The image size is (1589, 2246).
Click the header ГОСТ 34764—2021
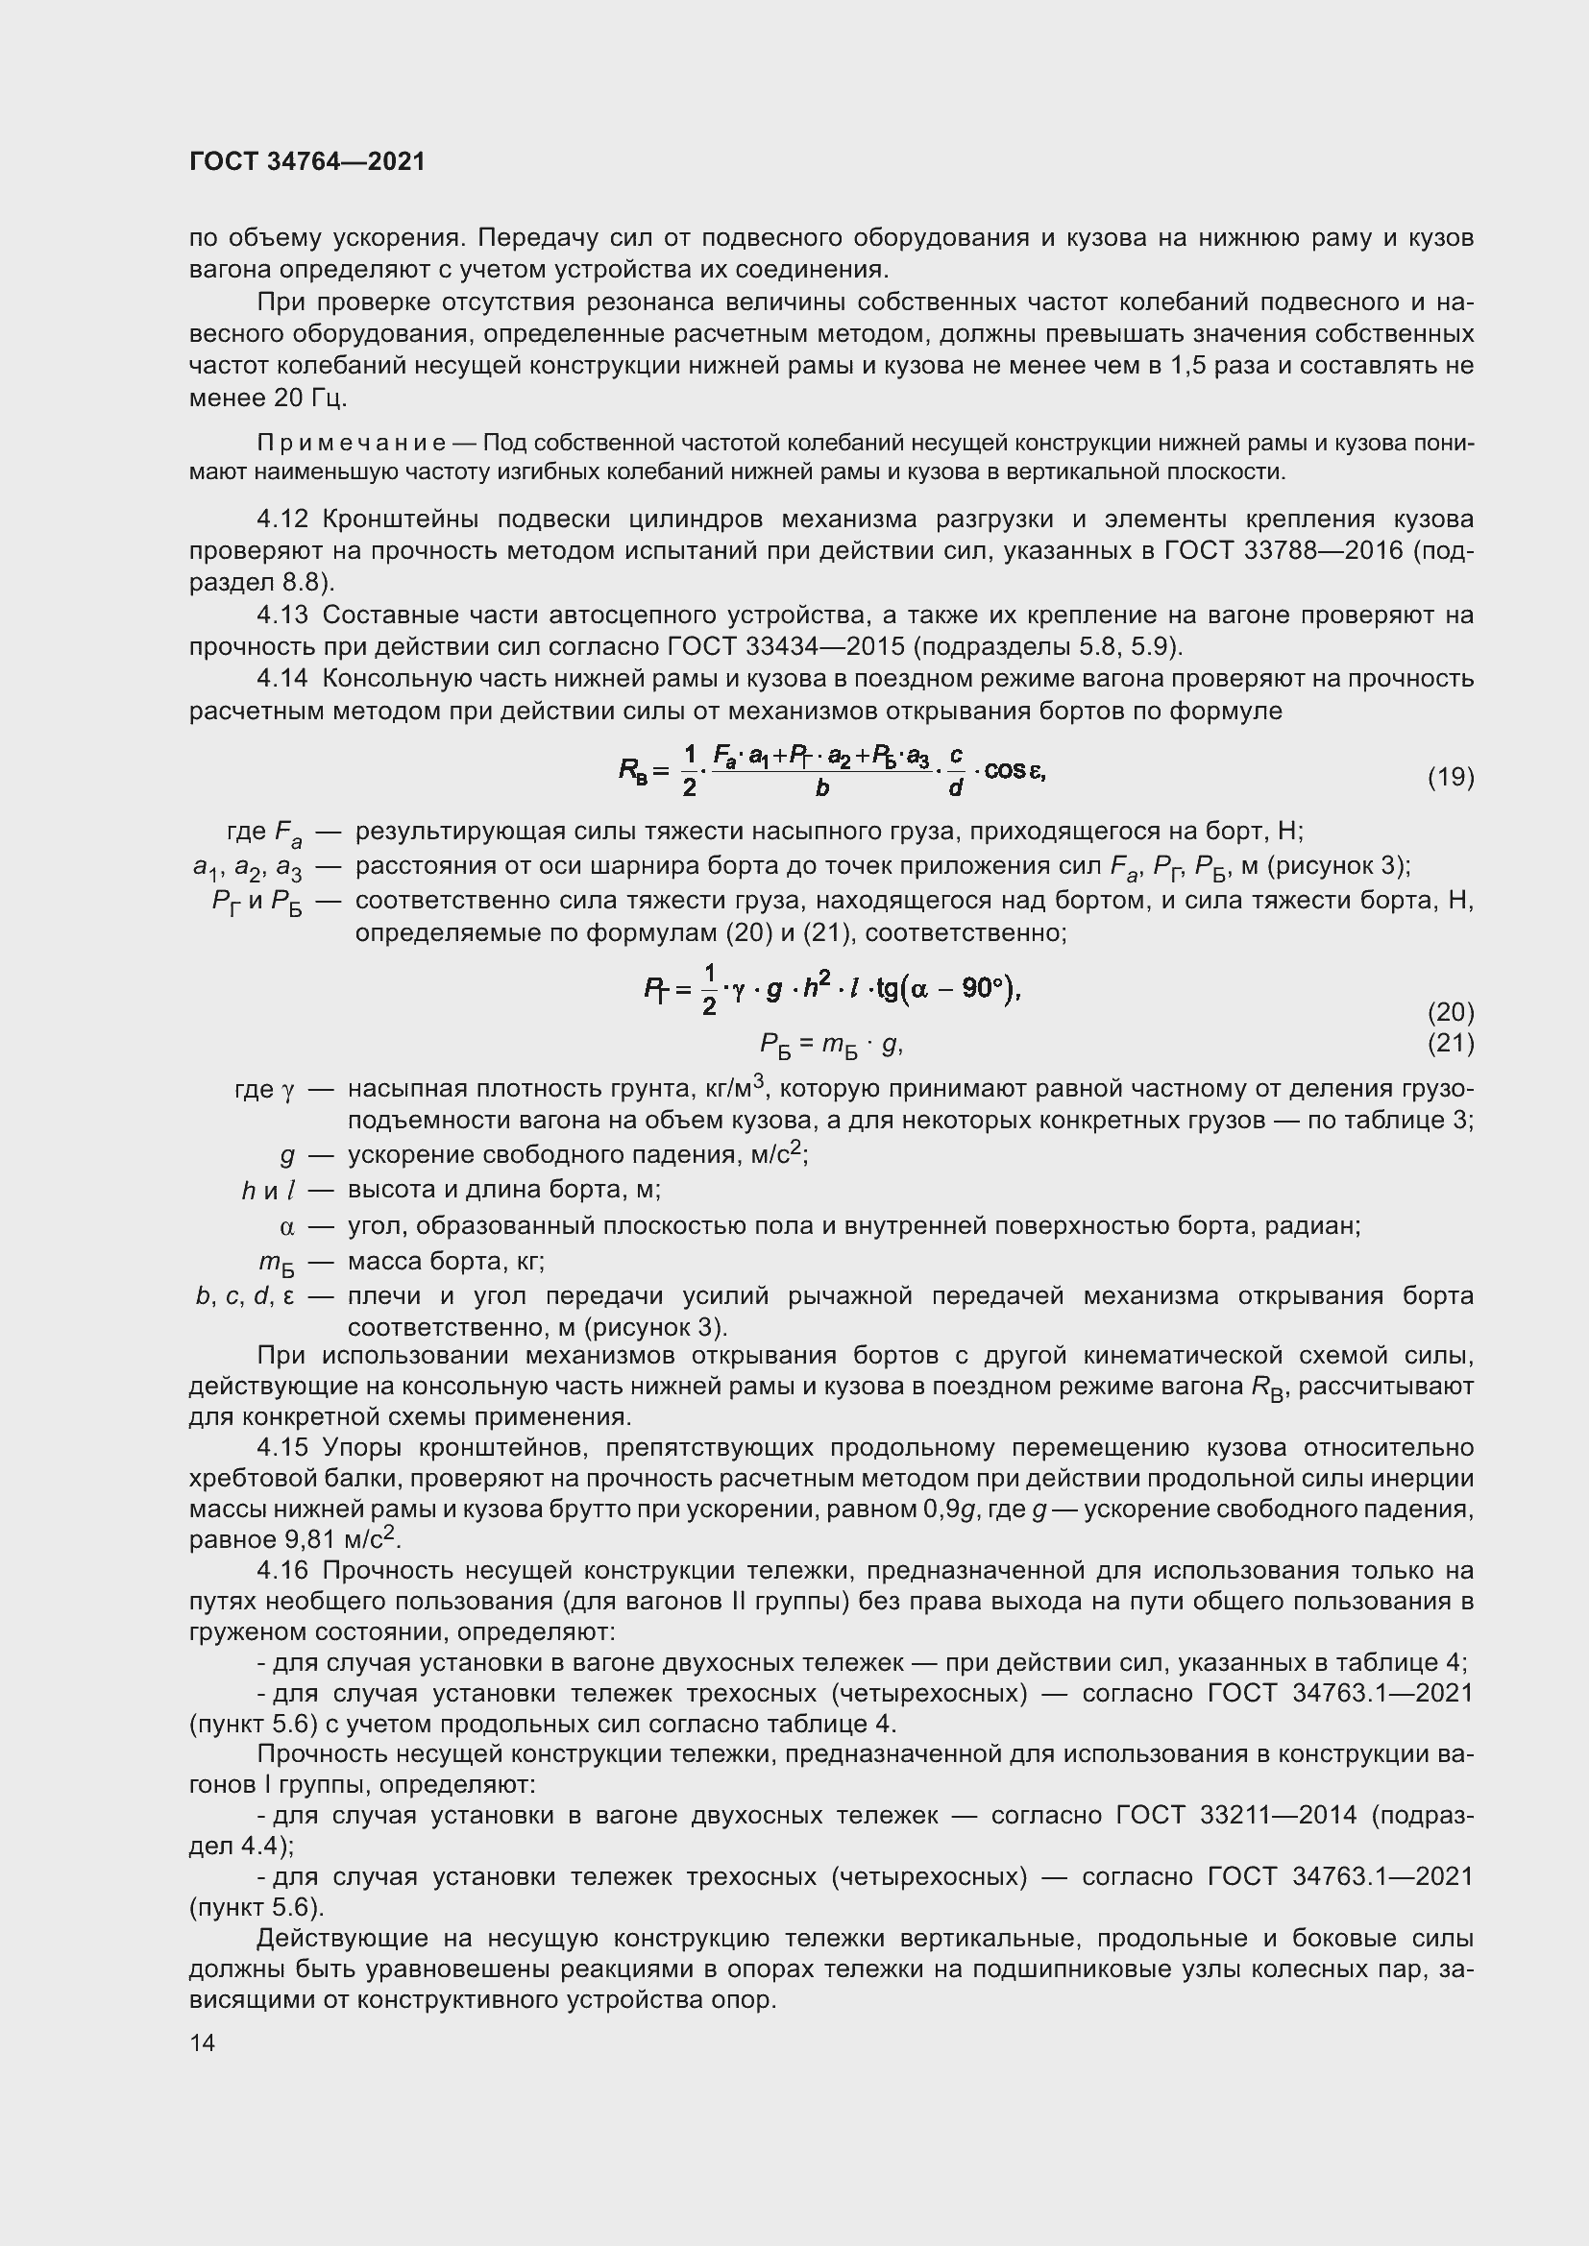pyautogui.click(x=307, y=161)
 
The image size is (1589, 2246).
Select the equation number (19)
pyautogui.click(x=1450, y=777)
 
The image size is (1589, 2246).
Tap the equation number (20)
pyautogui.click(x=1450, y=1011)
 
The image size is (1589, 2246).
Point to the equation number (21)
pyautogui.click(x=1450, y=1043)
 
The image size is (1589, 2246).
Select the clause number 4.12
pyautogui.click(x=282, y=519)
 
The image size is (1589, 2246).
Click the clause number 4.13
pyautogui.click(x=282, y=615)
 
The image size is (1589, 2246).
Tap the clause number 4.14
pyautogui.click(x=282, y=678)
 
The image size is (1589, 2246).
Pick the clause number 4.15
pyautogui.click(x=282, y=1447)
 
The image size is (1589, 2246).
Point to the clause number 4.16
pyautogui.click(x=282, y=1570)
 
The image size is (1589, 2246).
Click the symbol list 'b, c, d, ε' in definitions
pyautogui.click(x=245, y=1296)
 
